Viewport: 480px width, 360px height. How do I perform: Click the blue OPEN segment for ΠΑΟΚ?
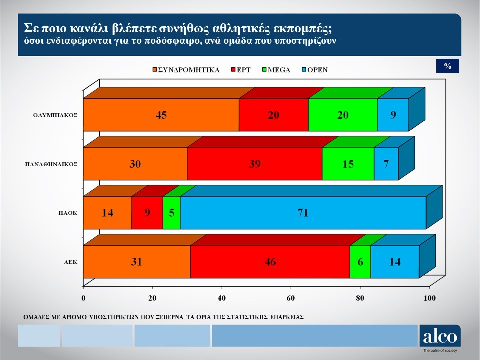pyautogui.click(x=302, y=213)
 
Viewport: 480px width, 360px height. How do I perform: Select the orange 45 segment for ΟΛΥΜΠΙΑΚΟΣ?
pyautogui.click(x=161, y=115)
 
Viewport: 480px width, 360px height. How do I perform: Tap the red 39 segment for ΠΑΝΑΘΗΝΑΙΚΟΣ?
pyautogui.click(x=254, y=164)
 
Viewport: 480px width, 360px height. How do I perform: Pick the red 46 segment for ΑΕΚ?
pyautogui.click(x=270, y=262)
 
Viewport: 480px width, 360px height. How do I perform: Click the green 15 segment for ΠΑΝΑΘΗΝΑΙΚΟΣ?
pyautogui.click(x=348, y=164)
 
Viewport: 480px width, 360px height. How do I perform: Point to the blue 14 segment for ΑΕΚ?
pyautogui.click(x=395, y=262)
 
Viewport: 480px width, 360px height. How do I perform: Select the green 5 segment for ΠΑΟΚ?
pyautogui.click(x=171, y=213)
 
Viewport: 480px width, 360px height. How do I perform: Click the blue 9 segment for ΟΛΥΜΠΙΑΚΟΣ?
pyautogui.click(x=393, y=115)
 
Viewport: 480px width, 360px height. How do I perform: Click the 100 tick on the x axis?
pyautogui.click(x=430, y=299)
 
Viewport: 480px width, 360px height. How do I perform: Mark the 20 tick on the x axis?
pyautogui.click(x=153, y=299)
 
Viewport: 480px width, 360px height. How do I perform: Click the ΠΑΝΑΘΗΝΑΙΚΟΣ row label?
pyautogui.click(x=51, y=164)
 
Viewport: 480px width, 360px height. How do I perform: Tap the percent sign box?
pyautogui.click(x=447, y=66)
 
